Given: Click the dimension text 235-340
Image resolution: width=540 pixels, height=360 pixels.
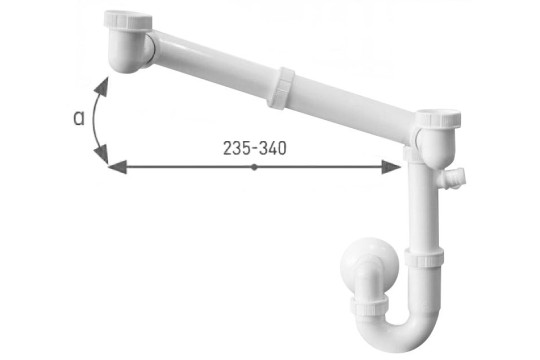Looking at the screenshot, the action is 255,148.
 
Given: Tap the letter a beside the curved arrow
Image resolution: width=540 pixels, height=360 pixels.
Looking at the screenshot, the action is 79,118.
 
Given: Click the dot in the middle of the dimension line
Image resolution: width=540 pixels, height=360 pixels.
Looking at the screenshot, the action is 254,167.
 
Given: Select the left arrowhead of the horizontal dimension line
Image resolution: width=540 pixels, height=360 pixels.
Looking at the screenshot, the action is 117,167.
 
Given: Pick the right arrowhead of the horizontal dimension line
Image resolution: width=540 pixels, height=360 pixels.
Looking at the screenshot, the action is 391,167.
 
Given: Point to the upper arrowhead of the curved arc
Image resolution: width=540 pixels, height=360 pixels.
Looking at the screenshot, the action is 102,86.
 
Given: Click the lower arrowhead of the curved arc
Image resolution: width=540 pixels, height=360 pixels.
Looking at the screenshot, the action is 102,154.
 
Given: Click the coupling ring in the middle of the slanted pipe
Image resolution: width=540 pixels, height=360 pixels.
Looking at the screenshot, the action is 281,88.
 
